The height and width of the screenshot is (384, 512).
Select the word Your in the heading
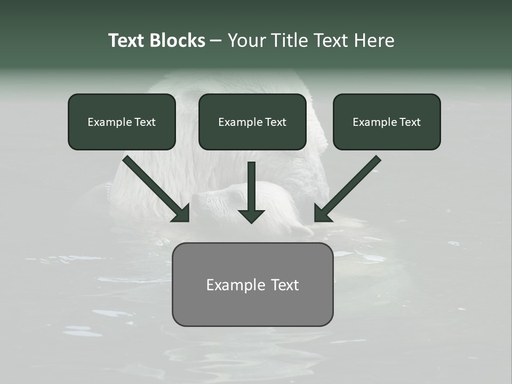pyautogui.click(x=247, y=41)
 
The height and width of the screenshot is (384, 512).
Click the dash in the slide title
pyautogui.click(x=216, y=41)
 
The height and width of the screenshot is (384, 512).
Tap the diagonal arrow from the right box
pyautogui.click(x=352, y=184)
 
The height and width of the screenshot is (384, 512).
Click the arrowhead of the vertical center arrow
pyautogui.click(x=251, y=215)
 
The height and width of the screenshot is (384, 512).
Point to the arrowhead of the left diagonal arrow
pyautogui.click(x=182, y=214)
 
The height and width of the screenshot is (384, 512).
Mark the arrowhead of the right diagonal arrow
pyautogui.click(x=322, y=214)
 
